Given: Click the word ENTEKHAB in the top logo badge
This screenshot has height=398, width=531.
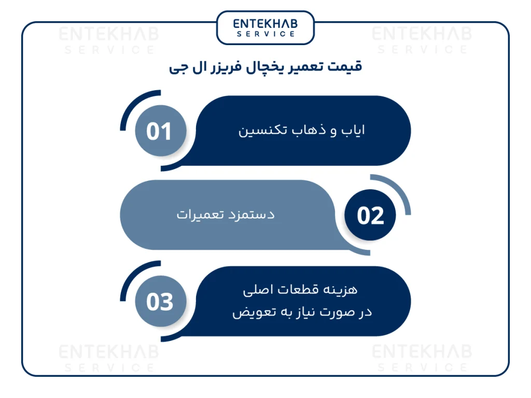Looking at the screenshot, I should (x=265, y=24).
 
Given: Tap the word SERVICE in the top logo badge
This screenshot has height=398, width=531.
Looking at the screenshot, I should (x=265, y=34).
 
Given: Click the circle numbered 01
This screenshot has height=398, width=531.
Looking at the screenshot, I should (x=159, y=131).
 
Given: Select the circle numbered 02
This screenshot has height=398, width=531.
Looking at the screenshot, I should (x=370, y=216).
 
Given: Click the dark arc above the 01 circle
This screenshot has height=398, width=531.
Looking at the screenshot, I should (x=132, y=104).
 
